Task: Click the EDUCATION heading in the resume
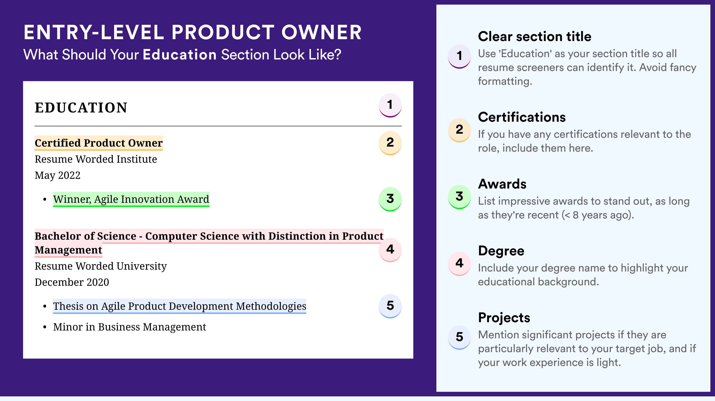[81, 108]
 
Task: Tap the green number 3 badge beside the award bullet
[390, 199]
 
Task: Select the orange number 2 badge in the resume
[390, 143]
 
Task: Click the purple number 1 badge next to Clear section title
[459, 56]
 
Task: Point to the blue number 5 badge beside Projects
[459, 337]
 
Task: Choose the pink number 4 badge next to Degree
[459, 263]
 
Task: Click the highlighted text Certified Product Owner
[98, 143]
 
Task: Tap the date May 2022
[57, 175]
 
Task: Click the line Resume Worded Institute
[96, 159]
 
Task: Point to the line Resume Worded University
[101, 266]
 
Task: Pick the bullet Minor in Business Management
[130, 327]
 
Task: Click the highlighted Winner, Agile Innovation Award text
[131, 199]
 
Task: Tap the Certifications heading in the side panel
[522, 117]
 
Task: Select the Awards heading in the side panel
[502, 184]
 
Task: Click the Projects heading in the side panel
[504, 318]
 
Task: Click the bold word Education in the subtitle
[180, 54]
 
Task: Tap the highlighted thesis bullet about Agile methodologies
[180, 306]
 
